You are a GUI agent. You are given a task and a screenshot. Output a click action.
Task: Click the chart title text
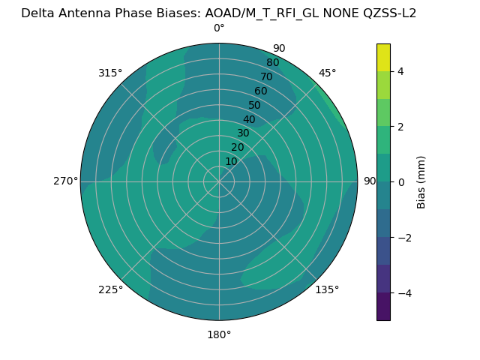click(218, 13)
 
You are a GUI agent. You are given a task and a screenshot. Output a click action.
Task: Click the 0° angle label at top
click(219, 28)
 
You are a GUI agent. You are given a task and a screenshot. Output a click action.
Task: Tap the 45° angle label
click(327, 73)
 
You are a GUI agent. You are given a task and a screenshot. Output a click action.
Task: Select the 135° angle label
click(327, 289)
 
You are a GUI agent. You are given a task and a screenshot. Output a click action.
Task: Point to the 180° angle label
click(219, 334)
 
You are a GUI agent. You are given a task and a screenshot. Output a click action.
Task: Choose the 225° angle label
click(110, 289)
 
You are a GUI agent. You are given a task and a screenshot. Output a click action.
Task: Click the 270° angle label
click(65, 181)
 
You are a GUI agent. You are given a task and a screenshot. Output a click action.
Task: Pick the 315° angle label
click(110, 73)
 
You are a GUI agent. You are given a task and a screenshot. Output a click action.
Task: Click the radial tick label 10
click(231, 161)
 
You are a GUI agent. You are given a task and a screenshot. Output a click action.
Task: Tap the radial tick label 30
click(243, 133)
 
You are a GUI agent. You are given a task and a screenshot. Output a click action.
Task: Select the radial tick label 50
click(255, 106)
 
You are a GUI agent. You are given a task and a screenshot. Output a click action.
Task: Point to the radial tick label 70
click(266, 77)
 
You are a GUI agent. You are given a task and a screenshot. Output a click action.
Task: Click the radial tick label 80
click(272, 63)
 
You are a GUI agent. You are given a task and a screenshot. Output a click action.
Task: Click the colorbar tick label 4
click(400, 71)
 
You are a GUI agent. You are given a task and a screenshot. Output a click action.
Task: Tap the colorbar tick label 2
click(400, 127)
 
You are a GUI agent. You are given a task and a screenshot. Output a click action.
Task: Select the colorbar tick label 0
click(400, 182)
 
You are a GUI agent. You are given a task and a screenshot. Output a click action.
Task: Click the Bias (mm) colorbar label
click(421, 182)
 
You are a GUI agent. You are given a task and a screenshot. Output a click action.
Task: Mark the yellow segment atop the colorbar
click(383, 58)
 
